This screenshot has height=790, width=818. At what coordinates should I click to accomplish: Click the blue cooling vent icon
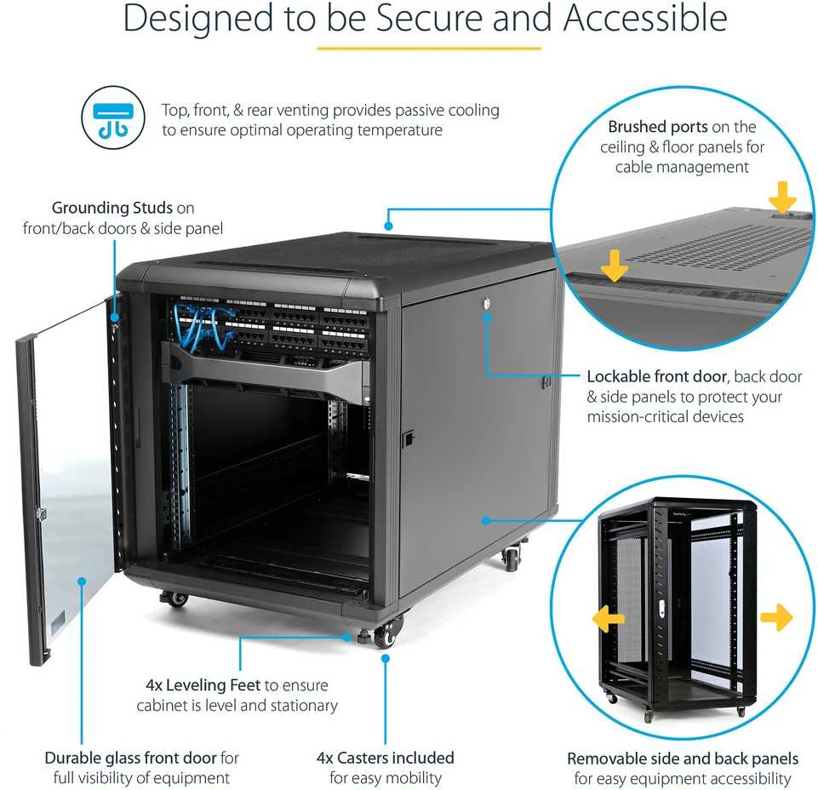pos(113,118)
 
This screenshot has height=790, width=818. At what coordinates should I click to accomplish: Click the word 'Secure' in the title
pos(428,18)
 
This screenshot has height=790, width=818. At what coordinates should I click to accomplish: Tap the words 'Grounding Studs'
pos(112,208)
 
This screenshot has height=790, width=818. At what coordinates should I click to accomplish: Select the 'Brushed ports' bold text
pos(657,127)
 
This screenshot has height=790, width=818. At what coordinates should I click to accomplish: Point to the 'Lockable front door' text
pos(657,376)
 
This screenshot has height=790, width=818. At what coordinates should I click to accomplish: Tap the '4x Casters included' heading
pos(385,758)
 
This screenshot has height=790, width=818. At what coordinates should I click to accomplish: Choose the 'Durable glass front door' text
pos(130,758)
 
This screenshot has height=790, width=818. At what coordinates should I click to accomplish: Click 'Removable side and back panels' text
pos(683,759)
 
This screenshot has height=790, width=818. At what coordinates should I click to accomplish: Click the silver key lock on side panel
pos(487,303)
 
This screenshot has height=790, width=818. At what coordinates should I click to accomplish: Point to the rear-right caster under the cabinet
pos(511,558)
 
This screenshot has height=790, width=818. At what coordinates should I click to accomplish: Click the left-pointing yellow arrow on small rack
pos(608,618)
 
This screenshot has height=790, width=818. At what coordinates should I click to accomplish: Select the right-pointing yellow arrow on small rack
pos(777,617)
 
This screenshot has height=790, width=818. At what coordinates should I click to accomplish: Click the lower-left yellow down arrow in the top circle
pos(614,265)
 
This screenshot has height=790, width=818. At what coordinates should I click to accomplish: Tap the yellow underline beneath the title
pos(429,49)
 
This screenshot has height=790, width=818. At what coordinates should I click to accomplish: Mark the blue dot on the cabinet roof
pos(388,226)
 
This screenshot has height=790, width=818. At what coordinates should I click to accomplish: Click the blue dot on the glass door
pos(82,581)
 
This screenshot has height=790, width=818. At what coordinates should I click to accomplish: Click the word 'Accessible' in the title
pos(645,18)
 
